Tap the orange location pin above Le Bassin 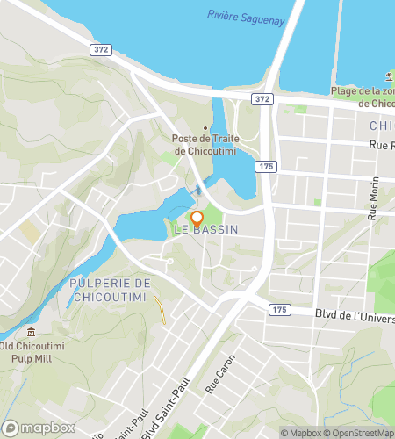click(197, 217)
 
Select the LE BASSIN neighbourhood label click(206, 229)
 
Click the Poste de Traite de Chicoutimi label click(204, 144)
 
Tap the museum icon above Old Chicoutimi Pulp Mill click(32, 332)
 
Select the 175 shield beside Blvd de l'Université click(279, 310)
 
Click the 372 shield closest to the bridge click(261, 99)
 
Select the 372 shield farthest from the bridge click(101, 50)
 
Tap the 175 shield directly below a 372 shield click(262, 165)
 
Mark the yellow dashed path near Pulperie click(159, 309)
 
